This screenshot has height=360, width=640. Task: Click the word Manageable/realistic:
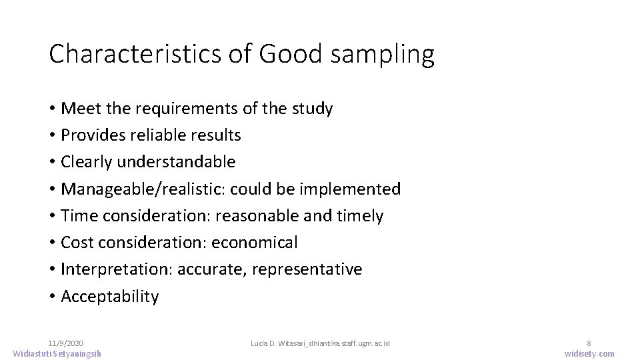tap(143, 189)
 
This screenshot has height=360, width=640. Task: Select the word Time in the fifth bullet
tap(79, 216)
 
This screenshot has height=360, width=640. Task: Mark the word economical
tap(255, 243)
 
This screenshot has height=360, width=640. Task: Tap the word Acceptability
tap(110, 297)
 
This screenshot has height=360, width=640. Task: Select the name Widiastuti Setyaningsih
tap(57, 353)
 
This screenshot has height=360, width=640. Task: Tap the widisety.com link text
tap(589, 353)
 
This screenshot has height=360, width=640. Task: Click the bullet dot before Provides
tap(52, 135)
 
